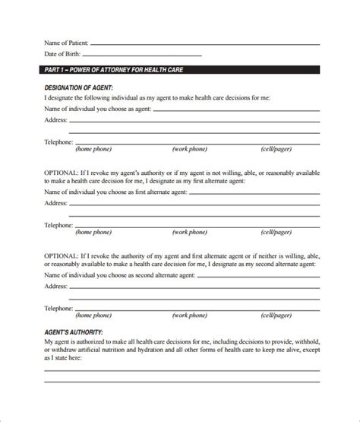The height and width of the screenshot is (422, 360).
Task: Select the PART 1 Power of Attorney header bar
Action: point(179,71)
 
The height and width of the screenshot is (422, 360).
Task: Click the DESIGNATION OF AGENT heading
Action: point(79,88)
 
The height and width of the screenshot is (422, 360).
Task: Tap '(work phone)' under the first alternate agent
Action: point(190,231)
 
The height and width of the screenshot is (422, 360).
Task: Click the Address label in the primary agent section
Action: point(56,120)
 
